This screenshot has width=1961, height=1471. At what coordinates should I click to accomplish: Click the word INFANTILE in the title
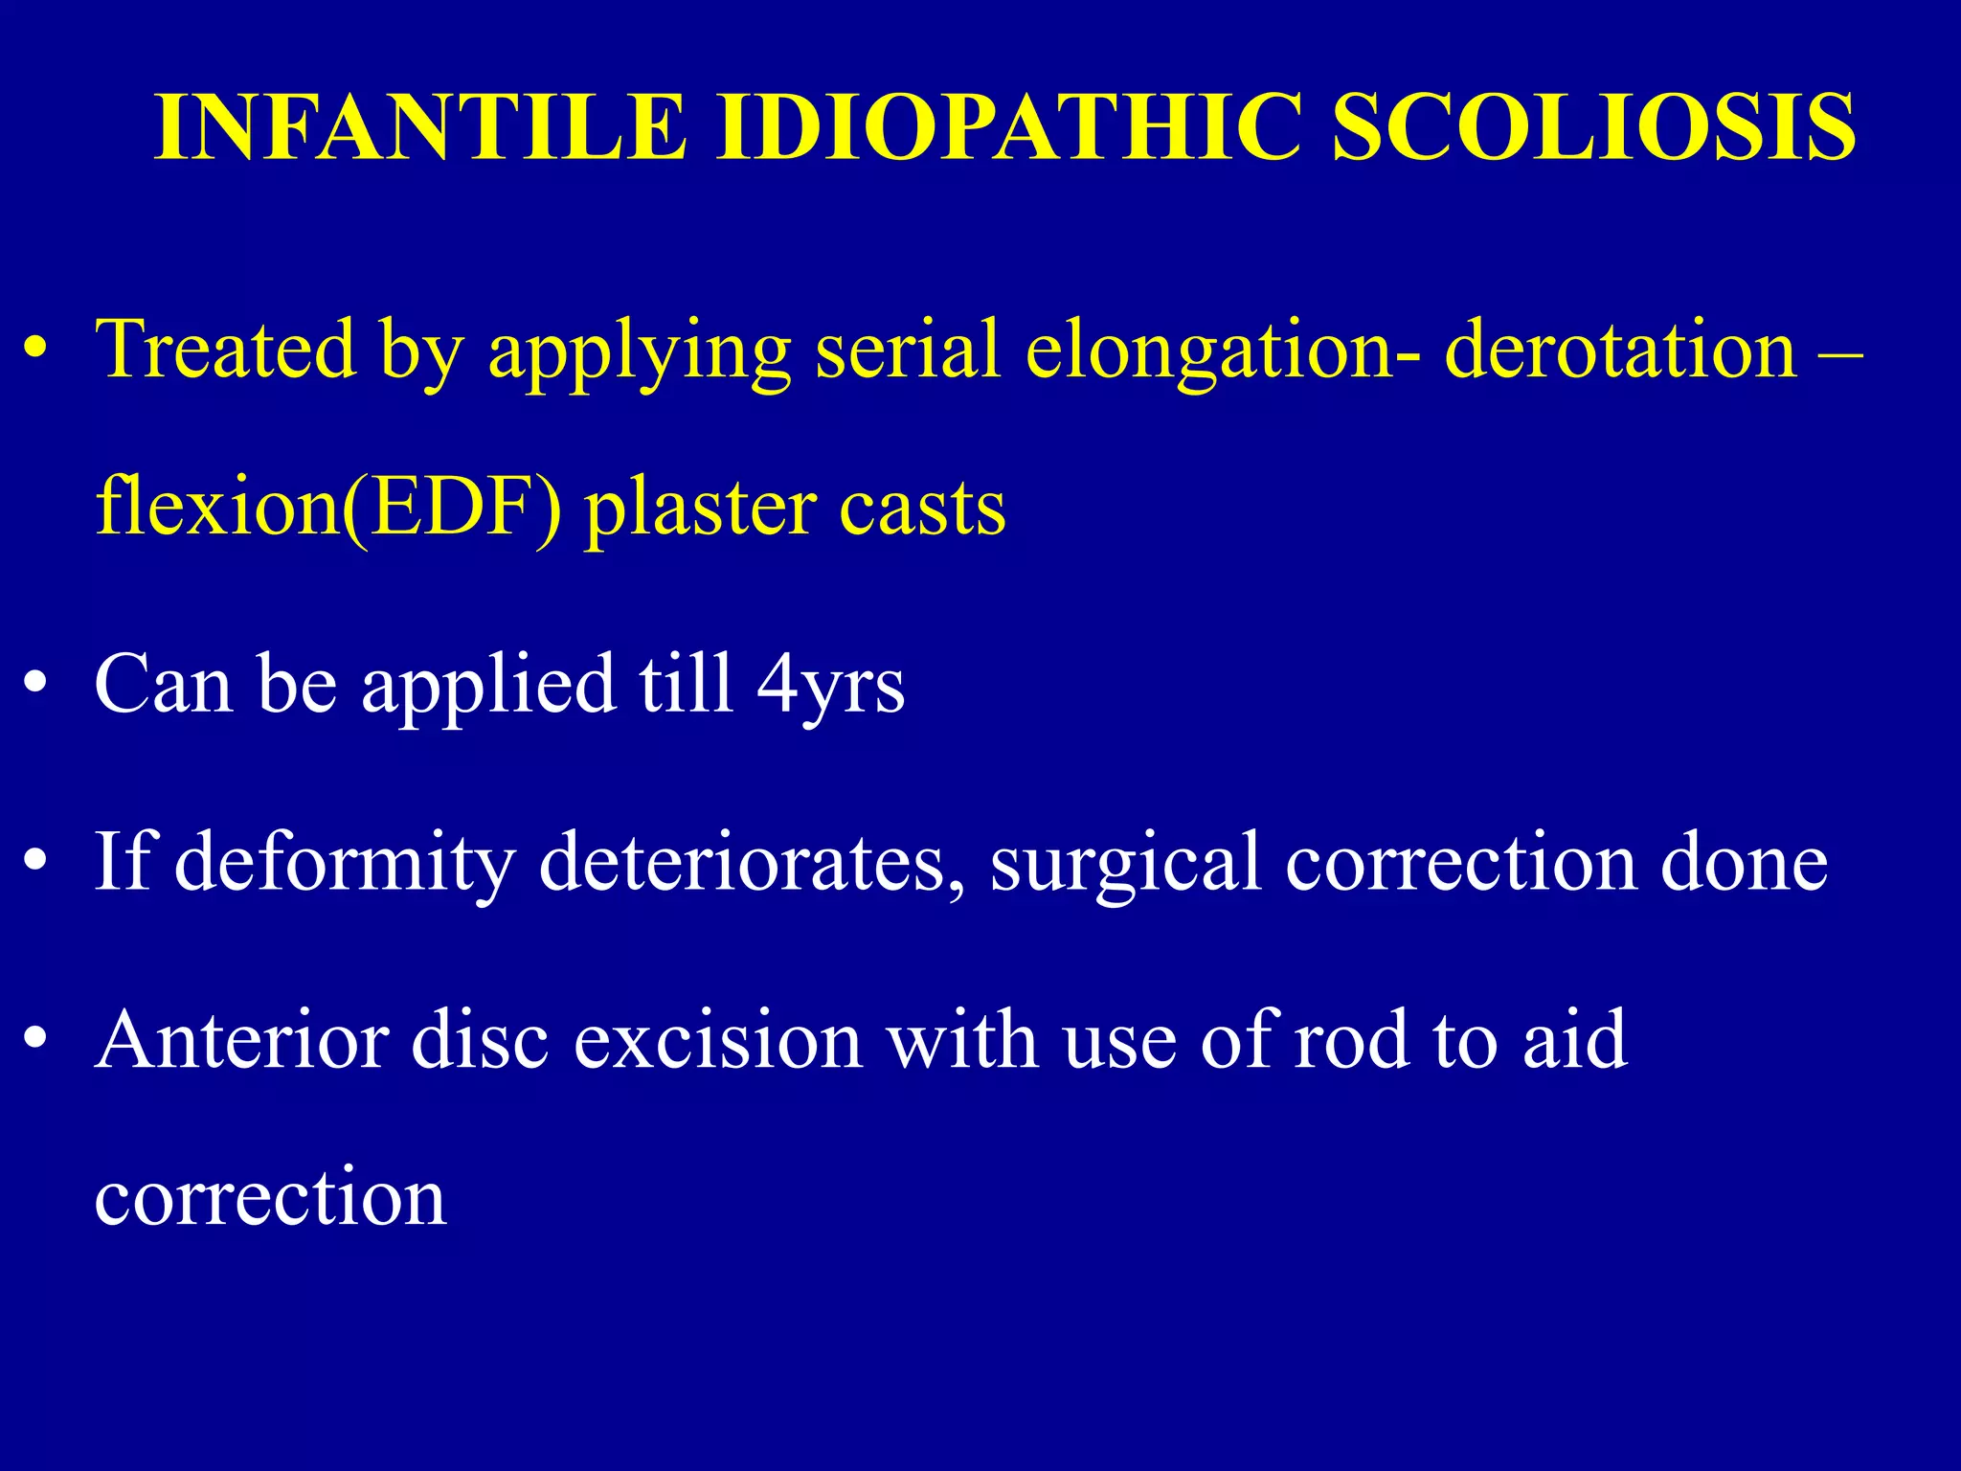420,127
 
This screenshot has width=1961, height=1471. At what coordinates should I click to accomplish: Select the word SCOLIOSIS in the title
1593,127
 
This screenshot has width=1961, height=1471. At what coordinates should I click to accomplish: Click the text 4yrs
830,686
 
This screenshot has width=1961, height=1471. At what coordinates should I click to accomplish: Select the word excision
717,1040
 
